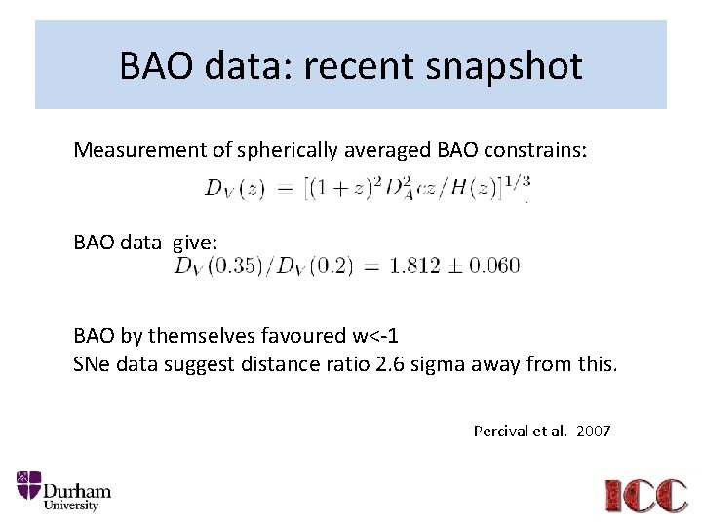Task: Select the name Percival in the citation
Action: click(x=500, y=431)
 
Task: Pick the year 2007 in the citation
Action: click(x=593, y=431)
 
